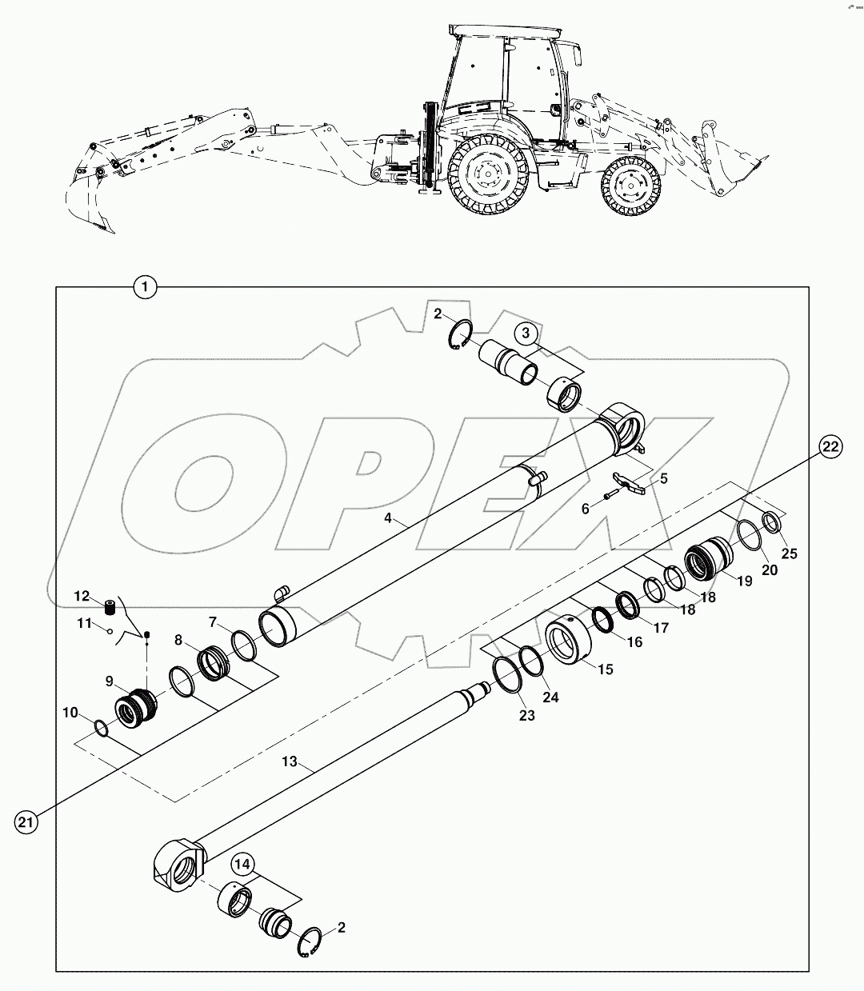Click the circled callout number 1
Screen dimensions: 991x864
(145, 286)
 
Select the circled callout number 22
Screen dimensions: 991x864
(831, 447)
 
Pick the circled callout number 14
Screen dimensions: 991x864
(244, 865)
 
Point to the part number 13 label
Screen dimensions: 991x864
(289, 762)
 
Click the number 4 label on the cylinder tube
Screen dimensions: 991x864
(387, 517)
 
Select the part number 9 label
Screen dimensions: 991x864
(110, 681)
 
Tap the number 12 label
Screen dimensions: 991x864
(82, 596)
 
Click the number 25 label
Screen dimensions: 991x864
(789, 553)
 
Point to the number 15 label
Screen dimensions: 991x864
(606, 669)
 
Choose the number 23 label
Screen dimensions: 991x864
(526, 716)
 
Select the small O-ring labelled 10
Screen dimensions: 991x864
(100, 727)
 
